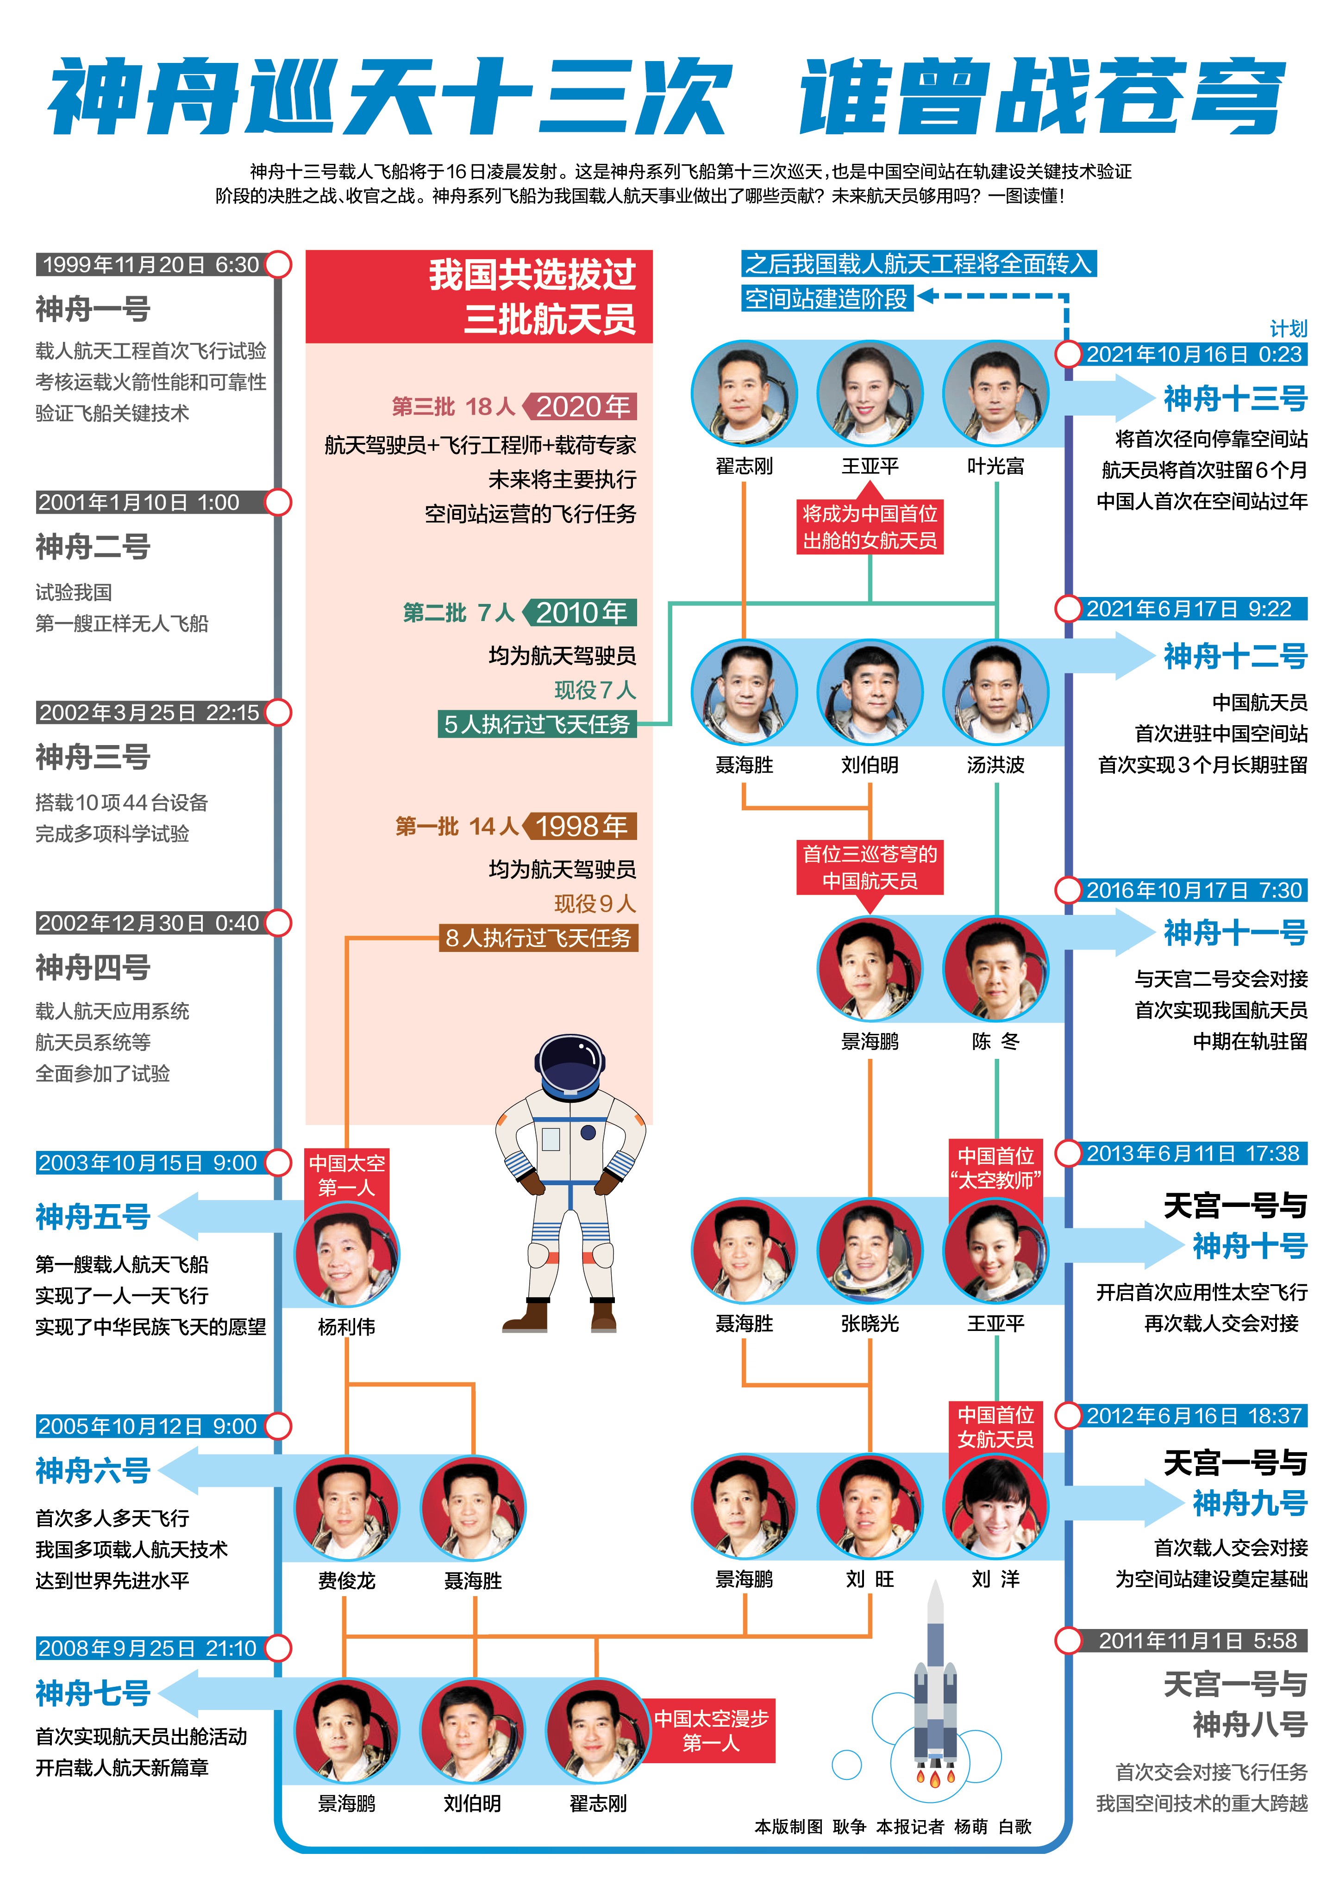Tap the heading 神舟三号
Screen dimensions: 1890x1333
coord(93,757)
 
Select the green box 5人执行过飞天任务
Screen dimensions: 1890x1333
coord(537,724)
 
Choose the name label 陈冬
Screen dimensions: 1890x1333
coord(995,1041)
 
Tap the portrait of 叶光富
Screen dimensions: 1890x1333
coord(995,393)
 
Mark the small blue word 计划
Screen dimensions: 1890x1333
coord(1288,329)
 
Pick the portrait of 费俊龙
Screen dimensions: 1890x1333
coord(347,1508)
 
